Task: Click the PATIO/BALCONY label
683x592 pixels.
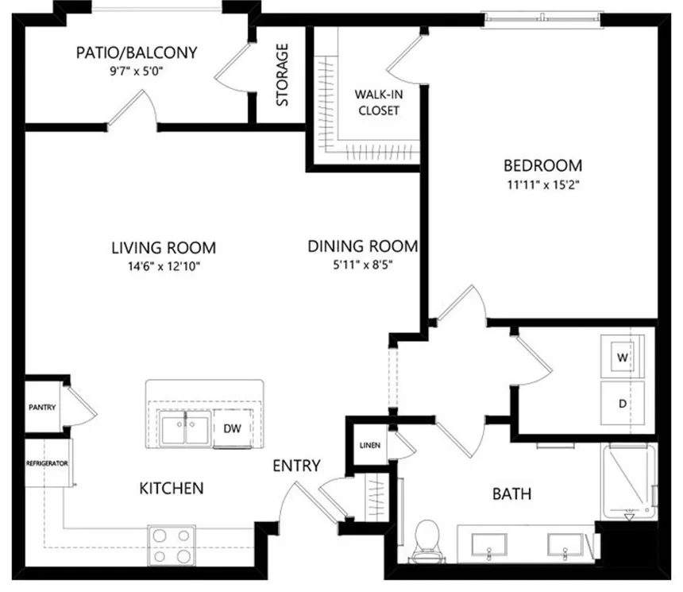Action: click(x=137, y=52)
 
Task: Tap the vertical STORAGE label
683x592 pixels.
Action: click(x=282, y=75)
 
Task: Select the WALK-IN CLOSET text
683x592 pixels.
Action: click(x=379, y=103)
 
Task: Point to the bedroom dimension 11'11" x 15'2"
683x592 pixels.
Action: click(x=542, y=185)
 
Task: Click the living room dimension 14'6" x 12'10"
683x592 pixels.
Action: click(x=164, y=266)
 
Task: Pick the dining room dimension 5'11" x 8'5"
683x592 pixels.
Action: click(x=363, y=265)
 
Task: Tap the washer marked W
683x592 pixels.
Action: click(x=623, y=357)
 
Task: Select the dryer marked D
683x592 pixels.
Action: click(x=623, y=403)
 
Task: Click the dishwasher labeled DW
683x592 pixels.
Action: click(x=232, y=428)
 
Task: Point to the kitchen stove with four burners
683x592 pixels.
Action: click(x=172, y=545)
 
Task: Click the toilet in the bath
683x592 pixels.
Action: click(x=427, y=541)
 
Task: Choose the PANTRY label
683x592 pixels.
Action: click(x=42, y=407)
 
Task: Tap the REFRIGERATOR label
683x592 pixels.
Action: click(x=47, y=463)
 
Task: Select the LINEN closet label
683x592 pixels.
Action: click(x=370, y=445)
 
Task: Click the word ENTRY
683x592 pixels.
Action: click(x=297, y=466)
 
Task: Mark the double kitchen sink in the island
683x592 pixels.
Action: click(x=186, y=429)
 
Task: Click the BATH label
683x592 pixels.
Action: click(x=511, y=494)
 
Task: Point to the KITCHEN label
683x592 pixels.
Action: click(x=172, y=488)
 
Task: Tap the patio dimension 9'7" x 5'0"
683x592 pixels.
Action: click(x=137, y=71)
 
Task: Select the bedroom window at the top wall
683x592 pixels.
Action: click(x=542, y=18)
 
